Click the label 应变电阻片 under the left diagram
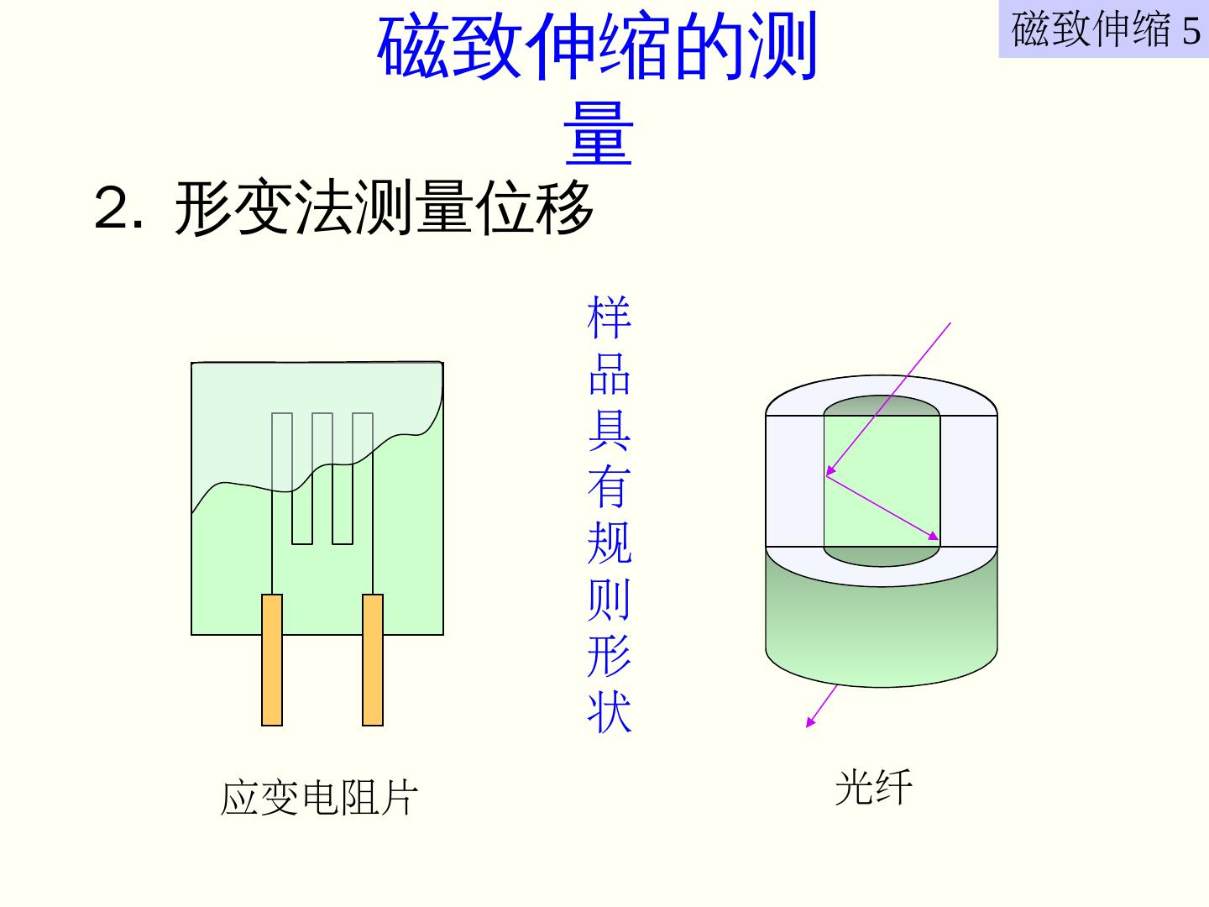[318, 798]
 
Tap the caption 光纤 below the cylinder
[873, 788]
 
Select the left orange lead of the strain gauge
[272, 659]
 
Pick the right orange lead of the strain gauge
[373, 659]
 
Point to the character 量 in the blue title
[598, 134]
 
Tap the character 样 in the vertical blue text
[609, 317]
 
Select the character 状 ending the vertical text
[609, 712]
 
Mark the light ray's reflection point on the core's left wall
[826, 474]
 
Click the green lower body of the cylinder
[882, 630]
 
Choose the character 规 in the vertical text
[609, 543]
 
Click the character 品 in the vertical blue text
[609, 373]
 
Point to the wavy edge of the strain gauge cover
[336, 470]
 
